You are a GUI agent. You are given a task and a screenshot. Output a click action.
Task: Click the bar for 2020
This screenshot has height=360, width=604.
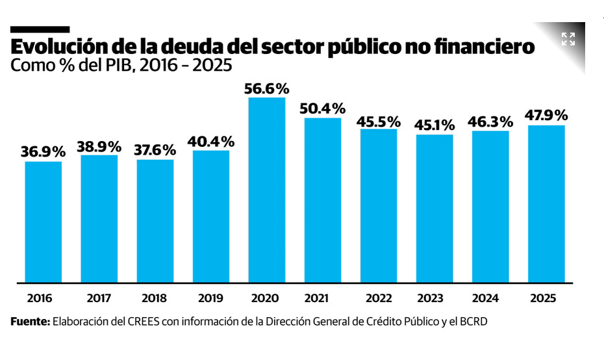(266, 190)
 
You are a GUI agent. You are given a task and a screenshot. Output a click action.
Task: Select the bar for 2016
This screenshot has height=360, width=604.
(44, 222)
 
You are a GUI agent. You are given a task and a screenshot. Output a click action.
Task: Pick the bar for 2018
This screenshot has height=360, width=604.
(155, 221)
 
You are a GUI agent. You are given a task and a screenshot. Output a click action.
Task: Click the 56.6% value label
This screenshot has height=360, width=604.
(266, 88)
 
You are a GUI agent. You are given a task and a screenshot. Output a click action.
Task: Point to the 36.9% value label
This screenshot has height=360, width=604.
(44, 152)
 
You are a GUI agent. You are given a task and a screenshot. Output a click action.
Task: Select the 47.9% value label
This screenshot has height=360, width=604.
(546, 116)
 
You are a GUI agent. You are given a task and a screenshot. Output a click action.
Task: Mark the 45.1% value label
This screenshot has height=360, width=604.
(434, 125)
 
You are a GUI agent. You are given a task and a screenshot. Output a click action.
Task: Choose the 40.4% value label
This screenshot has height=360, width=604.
(211, 141)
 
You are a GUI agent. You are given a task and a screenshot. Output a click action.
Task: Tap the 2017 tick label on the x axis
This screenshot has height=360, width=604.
(99, 298)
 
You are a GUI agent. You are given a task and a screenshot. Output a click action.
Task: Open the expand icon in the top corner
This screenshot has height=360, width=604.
(568, 39)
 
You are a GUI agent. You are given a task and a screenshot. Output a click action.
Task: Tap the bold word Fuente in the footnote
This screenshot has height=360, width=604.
(29, 322)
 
